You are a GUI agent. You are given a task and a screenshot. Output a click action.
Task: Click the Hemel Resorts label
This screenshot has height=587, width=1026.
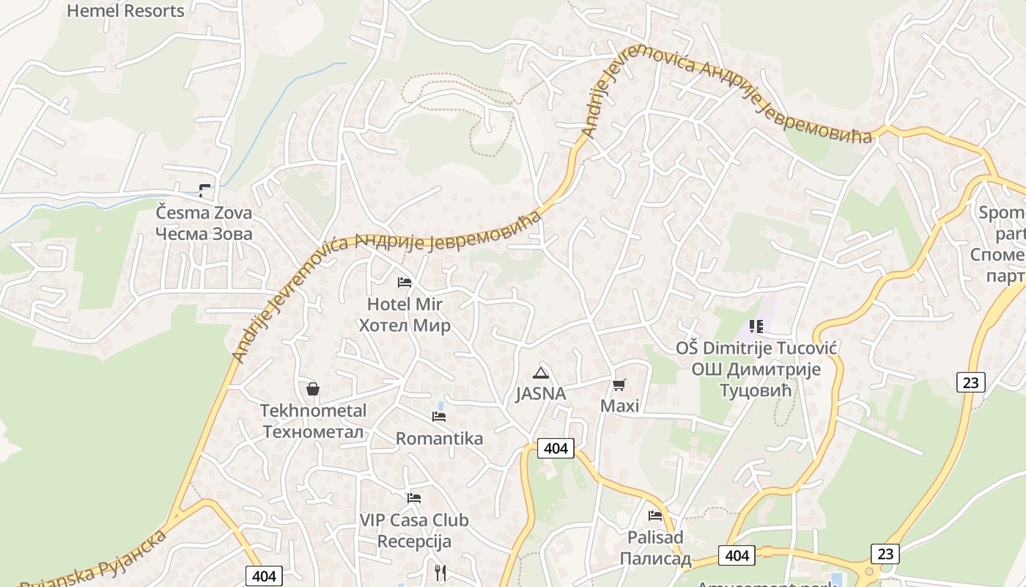coord(126,11)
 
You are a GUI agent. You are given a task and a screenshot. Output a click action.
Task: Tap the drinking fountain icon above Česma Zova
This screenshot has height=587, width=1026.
coord(205,191)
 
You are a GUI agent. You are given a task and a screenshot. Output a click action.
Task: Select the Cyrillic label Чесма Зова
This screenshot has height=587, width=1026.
coord(204,234)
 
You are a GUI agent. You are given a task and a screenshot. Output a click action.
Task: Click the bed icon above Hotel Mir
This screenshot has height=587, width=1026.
coord(405,282)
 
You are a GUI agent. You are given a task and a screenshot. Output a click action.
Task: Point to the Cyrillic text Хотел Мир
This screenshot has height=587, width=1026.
coord(405,325)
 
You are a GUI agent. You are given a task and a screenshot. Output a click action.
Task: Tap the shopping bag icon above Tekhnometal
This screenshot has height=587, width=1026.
coord(313,389)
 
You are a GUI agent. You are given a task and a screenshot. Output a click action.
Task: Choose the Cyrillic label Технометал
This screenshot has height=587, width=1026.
coord(313,431)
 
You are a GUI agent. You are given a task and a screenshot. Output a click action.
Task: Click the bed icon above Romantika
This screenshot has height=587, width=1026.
coord(439,417)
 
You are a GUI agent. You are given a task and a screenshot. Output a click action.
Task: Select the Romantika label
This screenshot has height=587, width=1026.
coord(439,438)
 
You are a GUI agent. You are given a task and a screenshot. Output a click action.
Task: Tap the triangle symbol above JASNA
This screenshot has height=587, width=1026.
coord(541,373)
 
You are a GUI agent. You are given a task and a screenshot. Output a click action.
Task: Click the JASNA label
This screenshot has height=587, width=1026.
coord(541,394)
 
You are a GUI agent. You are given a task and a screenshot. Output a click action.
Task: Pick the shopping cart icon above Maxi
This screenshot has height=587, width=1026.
coord(619,384)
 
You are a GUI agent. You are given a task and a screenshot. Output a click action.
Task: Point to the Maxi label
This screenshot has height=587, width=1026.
coord(620,406)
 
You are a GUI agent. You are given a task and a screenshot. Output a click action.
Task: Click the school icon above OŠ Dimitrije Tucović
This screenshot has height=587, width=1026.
coord(756,326)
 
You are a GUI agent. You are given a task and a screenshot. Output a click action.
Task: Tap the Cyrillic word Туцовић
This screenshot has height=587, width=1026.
coord(756,390)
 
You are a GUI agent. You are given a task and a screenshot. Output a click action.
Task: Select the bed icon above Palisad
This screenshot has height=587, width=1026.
coord(655,515)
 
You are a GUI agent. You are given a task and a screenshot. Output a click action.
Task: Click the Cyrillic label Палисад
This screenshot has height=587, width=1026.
coord(655,558)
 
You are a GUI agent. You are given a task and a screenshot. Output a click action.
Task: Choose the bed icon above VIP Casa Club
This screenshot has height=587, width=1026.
coord(414,498)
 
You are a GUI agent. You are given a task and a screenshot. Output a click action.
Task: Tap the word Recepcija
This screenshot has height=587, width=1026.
coord(414,542)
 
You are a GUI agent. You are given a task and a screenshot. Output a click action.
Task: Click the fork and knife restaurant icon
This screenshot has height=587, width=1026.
coord(440,572)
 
